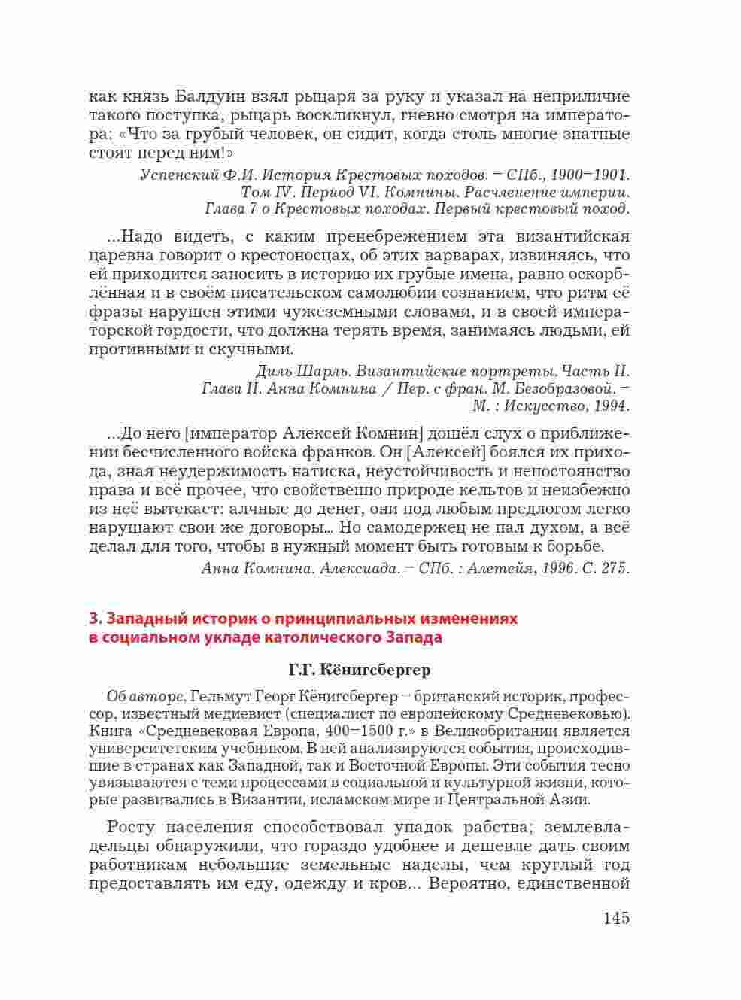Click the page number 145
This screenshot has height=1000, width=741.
tap(615, 918)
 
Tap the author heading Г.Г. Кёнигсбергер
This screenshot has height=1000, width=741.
tap(359, 669)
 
